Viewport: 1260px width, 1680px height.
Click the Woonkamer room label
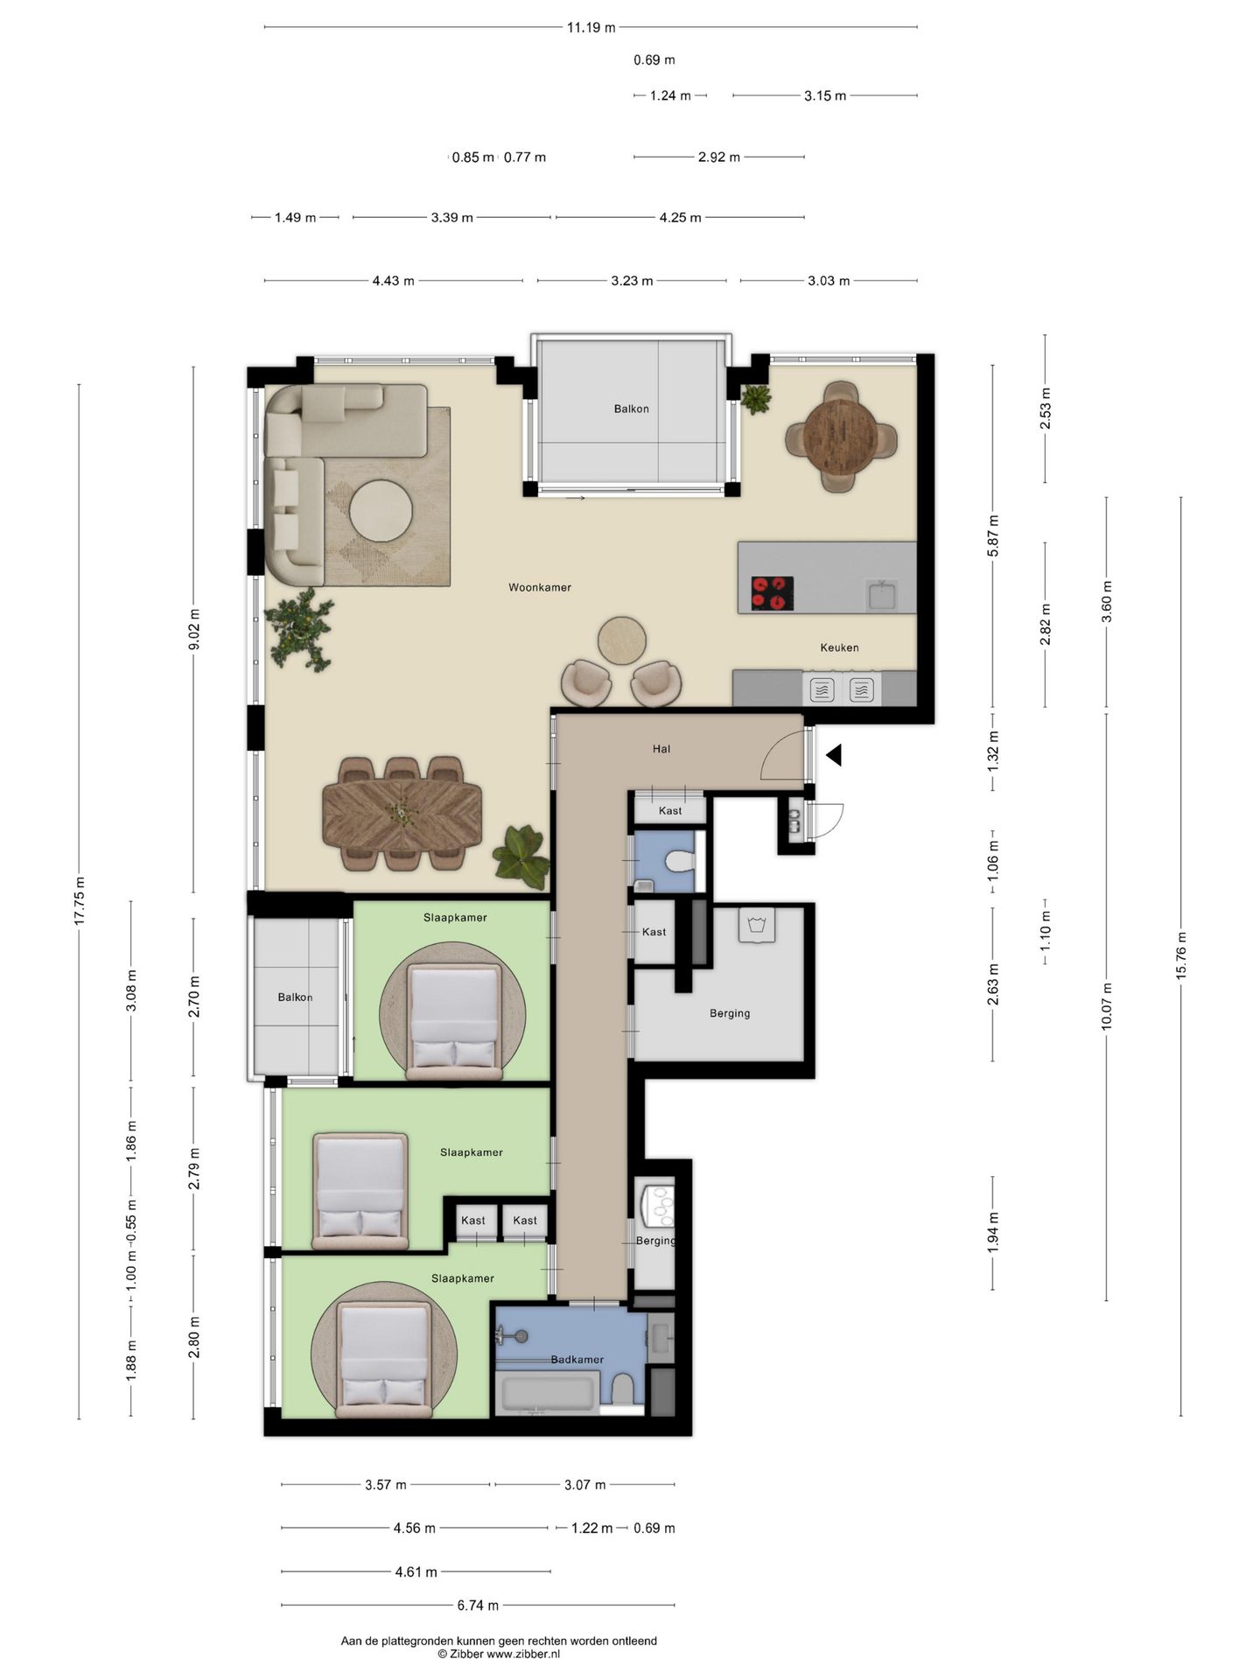click(x=540, y=587)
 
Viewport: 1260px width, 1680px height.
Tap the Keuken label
click(x=839, y=647)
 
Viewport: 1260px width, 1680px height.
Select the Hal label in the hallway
click(x=661, y=749)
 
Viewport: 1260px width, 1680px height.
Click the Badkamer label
click(x=577, y=1360)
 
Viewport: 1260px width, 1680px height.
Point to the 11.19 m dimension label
click(x=591, y=27)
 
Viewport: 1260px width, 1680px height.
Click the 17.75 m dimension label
click(x=80, y=900)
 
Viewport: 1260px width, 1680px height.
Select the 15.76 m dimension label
click(x=1180, y=957)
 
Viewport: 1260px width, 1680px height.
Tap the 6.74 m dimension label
click(x=478, y=1606)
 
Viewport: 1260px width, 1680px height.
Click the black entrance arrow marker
click(x=834, y=755)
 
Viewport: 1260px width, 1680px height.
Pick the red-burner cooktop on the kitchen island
click(x=773, y=593)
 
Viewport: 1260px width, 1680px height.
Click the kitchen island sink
click(x=880, y=596)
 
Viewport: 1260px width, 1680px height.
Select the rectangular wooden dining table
click(x=402, y=815)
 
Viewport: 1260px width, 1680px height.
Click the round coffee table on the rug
click(x=381, y=514)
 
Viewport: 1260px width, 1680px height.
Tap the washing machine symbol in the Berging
click(x=757, y=925)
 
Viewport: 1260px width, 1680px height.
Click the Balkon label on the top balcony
click(x=632, y=409)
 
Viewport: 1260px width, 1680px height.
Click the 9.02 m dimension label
click(x=194, y=629)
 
